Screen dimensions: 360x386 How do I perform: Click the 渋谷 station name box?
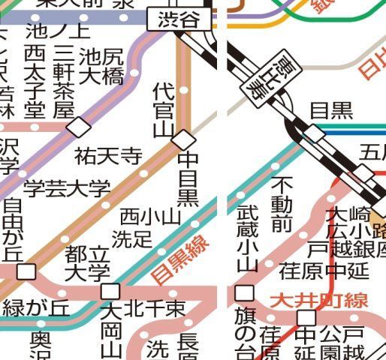coord(179,20)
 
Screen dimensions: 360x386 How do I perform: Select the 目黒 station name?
coord(331,111)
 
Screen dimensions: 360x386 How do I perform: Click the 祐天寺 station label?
coord(108,157)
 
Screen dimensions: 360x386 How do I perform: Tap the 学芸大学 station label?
coord(67,187)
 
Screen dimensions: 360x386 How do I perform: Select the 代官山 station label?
coord(163,110)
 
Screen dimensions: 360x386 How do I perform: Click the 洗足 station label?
coord(131,239)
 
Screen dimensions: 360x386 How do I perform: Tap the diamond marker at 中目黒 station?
coord(183,139)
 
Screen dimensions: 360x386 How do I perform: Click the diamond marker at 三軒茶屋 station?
coord(77,127)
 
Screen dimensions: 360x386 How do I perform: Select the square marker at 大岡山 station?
coord(111,291)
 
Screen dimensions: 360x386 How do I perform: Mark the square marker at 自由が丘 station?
coord(27,271)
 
